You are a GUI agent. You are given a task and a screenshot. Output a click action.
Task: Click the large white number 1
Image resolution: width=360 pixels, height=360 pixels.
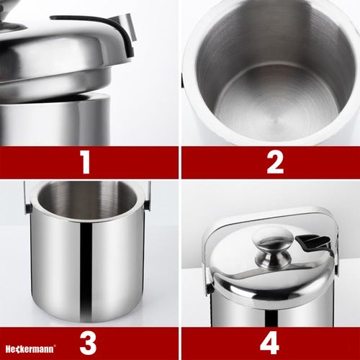pos(86,162)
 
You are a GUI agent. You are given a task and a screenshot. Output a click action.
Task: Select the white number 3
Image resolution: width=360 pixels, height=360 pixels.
pos(88,343)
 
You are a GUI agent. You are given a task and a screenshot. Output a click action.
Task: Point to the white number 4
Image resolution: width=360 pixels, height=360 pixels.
pos(269,343)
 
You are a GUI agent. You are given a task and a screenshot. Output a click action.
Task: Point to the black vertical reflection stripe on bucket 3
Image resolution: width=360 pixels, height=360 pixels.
pos(86,271)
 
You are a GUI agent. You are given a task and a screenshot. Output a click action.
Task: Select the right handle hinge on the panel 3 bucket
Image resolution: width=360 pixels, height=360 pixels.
pos(147,207)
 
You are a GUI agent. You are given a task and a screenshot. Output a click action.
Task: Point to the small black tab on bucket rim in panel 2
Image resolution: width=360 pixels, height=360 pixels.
pos(182,79)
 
